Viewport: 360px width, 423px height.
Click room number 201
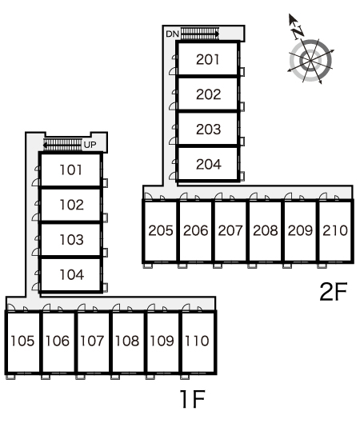click(x=207, y=59)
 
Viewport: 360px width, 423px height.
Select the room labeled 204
click(x=209, y=164)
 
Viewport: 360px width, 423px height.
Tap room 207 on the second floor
click(x=230, y=230)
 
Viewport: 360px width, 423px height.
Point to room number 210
click(x=335, y=230)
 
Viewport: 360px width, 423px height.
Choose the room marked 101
click(x=70, y=170)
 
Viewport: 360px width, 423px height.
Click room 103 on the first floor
click(x=71, y=240)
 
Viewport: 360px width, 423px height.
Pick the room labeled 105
click(x=22, y=341)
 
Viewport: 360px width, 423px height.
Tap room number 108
click(x=127, y=341)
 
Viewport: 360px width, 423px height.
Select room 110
click(x=197, y=341)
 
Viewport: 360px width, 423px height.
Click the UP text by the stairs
click(x=90, y=145)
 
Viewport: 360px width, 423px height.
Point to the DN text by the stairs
click(x=173, y=34)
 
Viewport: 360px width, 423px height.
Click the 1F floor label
click(x=193, y=399)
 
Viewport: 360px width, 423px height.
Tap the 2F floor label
click(x=334, y=292)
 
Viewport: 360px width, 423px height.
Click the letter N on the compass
click(x=298, y=32)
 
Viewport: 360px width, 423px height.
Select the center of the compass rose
click(x=310, y=60)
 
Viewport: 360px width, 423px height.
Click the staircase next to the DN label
click(x=200, y=34)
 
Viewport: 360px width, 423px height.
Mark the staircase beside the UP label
click(x=62, y=145)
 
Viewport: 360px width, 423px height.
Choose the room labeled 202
click(x=208, y=94)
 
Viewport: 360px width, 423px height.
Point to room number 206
click(x=195, y=230)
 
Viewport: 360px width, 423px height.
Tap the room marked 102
click(x=71, y=205)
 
